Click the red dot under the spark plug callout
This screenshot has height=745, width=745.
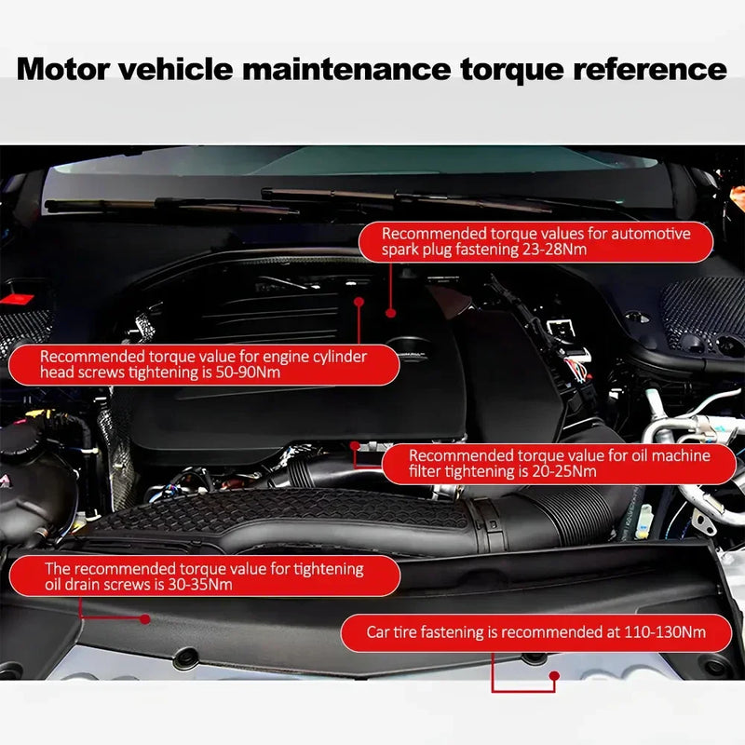point(391,314)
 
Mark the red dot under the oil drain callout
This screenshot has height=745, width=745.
point(144,618)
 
